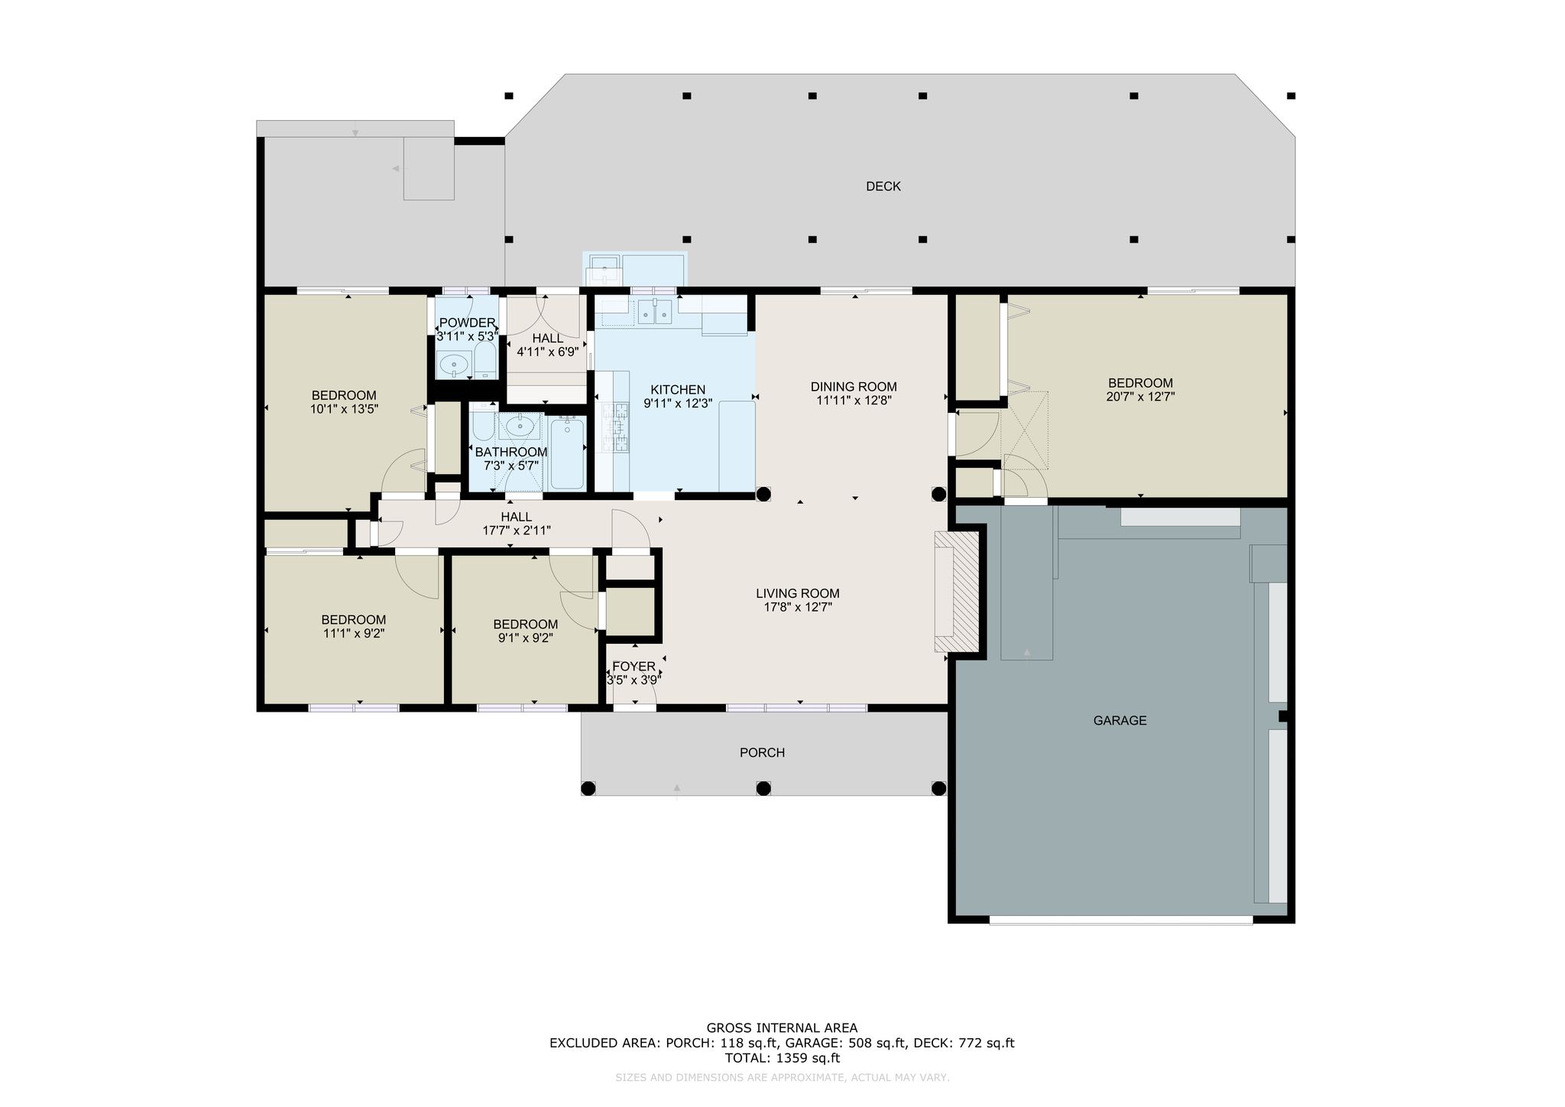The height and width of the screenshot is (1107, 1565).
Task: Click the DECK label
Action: pos(883,187)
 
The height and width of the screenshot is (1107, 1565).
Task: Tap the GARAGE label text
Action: pos(1120,720)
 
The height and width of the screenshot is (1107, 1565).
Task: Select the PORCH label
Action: pos(762,753)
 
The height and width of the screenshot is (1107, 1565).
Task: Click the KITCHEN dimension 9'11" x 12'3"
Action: pos(678,404)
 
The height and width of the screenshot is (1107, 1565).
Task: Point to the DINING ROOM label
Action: pos(854,387)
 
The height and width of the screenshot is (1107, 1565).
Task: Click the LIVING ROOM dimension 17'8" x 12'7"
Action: pos(798,608)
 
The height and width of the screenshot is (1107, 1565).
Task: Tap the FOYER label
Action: pos(633,667)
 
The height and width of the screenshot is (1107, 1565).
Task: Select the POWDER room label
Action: pos(467,323)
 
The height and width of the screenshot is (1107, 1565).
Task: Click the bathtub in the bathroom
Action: pos(567,453)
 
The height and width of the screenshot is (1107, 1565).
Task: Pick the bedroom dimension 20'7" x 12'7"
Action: pos(1140,397)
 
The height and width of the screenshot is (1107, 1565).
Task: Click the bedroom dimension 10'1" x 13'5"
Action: pos(344,409)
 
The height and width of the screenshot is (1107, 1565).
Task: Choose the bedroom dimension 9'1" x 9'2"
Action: pos(525,638)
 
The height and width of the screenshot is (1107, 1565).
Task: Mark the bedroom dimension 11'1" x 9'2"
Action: pos(353,633)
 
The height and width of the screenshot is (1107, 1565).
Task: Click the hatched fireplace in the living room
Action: pos(956,592)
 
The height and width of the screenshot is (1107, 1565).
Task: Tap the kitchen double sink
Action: pos(655,311)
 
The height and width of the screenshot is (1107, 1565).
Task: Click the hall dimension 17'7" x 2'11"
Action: pos(517,531)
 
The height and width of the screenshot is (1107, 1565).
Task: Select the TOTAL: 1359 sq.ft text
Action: pos(782,1058)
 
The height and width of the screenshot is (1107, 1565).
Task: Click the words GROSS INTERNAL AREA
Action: pos(782,1028)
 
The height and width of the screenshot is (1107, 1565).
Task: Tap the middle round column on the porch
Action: pos(763,788)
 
